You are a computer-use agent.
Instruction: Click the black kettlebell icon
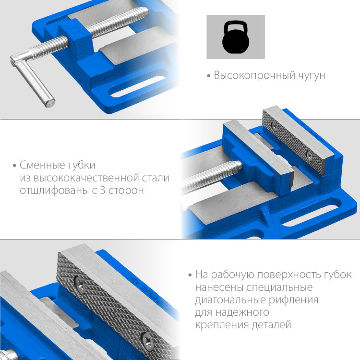(236, 36)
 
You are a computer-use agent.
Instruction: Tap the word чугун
(311, 76)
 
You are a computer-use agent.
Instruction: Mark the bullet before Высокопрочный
(209, 76)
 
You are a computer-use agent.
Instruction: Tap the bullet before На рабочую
(190, 276)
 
